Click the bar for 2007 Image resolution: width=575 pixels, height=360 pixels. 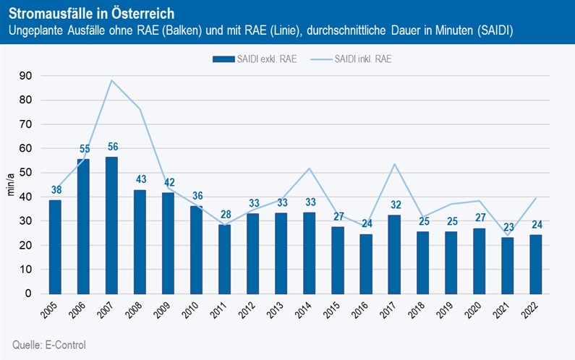[x=111, y=225]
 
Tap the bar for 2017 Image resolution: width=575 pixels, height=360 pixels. [x=394, y=254]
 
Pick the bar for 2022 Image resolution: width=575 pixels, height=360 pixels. [x=535, y=264]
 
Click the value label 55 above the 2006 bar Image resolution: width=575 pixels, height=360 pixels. [x=83, y=149]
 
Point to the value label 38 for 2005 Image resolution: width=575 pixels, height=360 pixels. [x=55, y=190]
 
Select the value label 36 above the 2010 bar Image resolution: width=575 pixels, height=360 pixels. [x=196, y=195]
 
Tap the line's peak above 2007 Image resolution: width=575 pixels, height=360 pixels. [x=111, y=80]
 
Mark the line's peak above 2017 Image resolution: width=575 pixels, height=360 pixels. [x=394, y=164]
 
